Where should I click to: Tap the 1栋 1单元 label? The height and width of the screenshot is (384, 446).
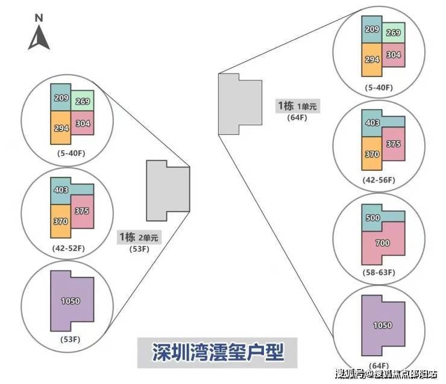(297, 106)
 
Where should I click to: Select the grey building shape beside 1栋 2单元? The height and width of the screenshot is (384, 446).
(168, 190)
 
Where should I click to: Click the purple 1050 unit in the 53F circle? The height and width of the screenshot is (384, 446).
(70, 301)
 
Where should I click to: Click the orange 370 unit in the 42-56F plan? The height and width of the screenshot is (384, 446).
(372, 153)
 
